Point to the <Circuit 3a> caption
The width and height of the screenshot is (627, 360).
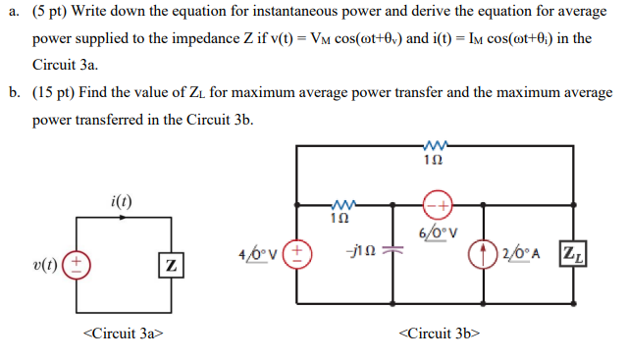pos(122,334)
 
